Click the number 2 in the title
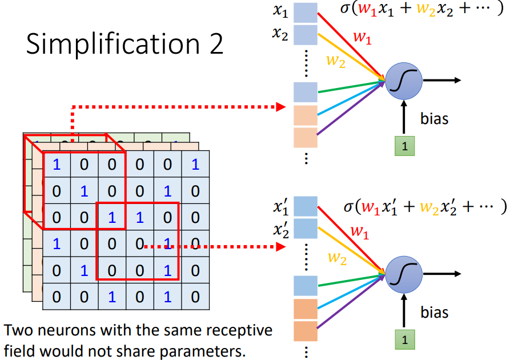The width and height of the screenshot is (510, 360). [x=216, y=44]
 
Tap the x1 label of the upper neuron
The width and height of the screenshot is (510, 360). [x=280, y=11]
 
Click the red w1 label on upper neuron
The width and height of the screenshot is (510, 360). [x=362, y=38]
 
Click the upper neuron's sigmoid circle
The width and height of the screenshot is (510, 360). [x=403, y=81]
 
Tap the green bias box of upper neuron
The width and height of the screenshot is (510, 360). [x=404, y=146]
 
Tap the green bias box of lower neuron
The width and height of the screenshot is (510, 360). [x=404, y=339]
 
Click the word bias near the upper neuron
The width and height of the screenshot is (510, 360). [x=435, y=119]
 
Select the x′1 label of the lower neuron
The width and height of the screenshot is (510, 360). [x=280, y=207]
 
